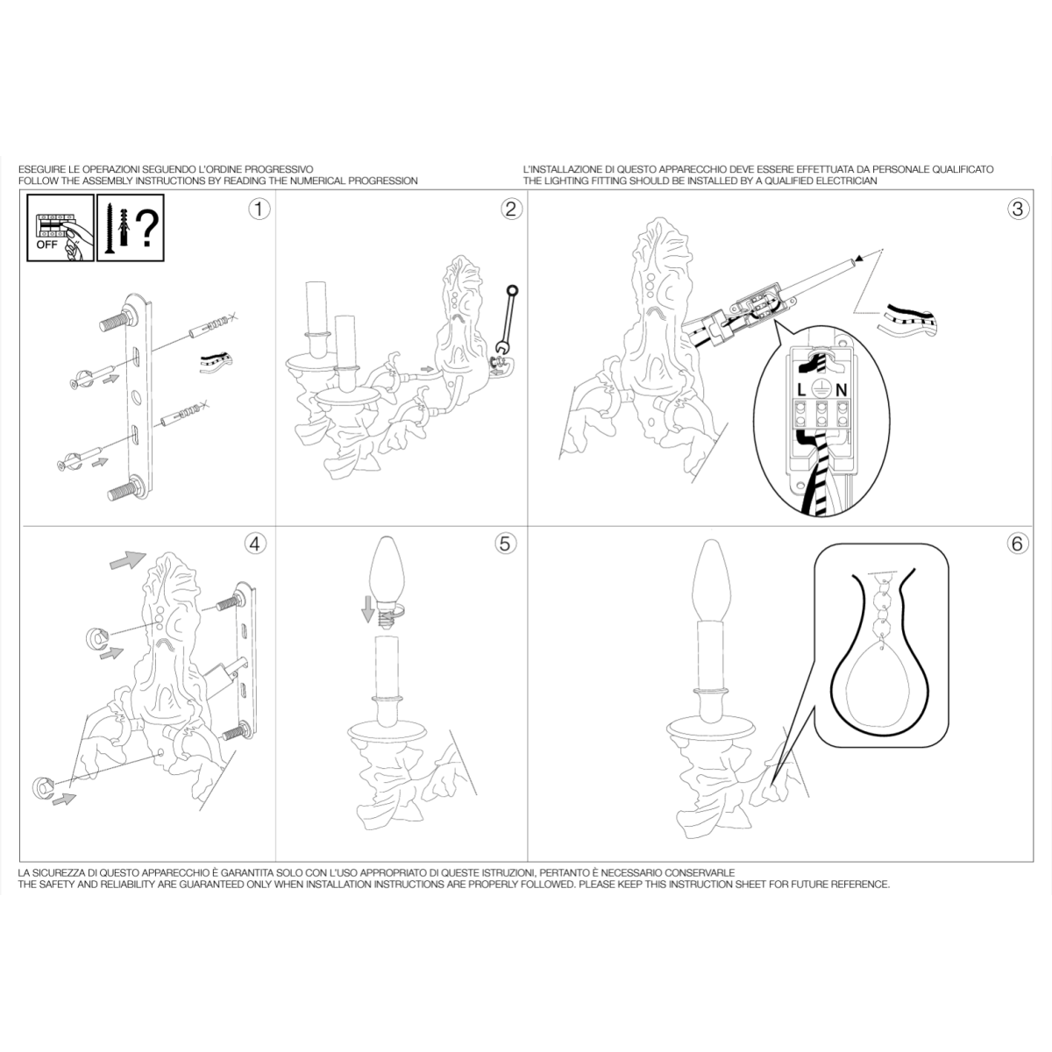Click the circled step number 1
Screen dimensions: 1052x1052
[x=259, y=209]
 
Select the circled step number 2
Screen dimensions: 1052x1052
[x=511, y=209]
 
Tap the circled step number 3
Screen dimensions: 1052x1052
[x=1018, y=209]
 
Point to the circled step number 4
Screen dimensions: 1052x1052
[x=255, y=544]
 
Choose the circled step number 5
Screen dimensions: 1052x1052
[x=506, y=544]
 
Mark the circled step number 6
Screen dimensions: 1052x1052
[x=1018, y=544]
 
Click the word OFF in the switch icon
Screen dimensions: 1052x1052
[x=47, y=245]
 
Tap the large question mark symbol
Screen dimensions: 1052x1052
[x=147, y=230]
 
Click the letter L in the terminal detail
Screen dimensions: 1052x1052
[x=801, y=390]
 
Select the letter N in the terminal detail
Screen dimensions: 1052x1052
[x=842, y=390]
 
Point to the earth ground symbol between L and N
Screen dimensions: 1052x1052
[x=821, y=388]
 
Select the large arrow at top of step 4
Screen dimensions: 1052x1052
[x=128, y=560]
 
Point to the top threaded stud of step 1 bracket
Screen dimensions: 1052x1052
[x=115, y=321]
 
